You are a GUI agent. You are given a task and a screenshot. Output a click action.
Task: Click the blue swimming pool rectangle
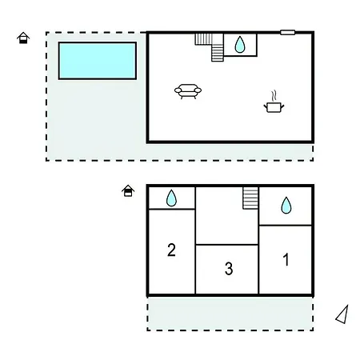98,61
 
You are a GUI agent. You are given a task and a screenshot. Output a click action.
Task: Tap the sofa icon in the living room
188,91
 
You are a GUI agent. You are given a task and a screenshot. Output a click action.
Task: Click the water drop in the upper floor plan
240,44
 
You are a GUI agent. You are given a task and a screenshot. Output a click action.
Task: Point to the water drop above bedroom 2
171,198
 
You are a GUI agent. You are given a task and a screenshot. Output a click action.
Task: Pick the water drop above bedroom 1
286,205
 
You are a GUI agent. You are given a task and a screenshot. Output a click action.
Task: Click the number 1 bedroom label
286,259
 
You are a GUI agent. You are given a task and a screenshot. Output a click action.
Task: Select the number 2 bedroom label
171,250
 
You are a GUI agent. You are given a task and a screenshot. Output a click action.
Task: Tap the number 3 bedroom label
229,269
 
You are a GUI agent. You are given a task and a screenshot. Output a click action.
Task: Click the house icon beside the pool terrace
23,38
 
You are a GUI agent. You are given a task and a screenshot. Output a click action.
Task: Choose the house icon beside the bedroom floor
128,190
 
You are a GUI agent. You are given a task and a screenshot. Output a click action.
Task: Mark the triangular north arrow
342,314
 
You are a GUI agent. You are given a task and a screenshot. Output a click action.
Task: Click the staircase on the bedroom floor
250,198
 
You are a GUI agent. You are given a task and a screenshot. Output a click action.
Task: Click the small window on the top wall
287,33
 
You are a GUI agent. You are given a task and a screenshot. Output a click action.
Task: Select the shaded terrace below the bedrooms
230,314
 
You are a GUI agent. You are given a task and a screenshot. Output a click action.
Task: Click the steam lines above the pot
274,96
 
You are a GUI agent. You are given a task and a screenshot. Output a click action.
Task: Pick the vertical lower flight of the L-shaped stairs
218,53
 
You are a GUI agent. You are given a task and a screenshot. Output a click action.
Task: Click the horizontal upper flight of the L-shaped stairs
204,39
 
